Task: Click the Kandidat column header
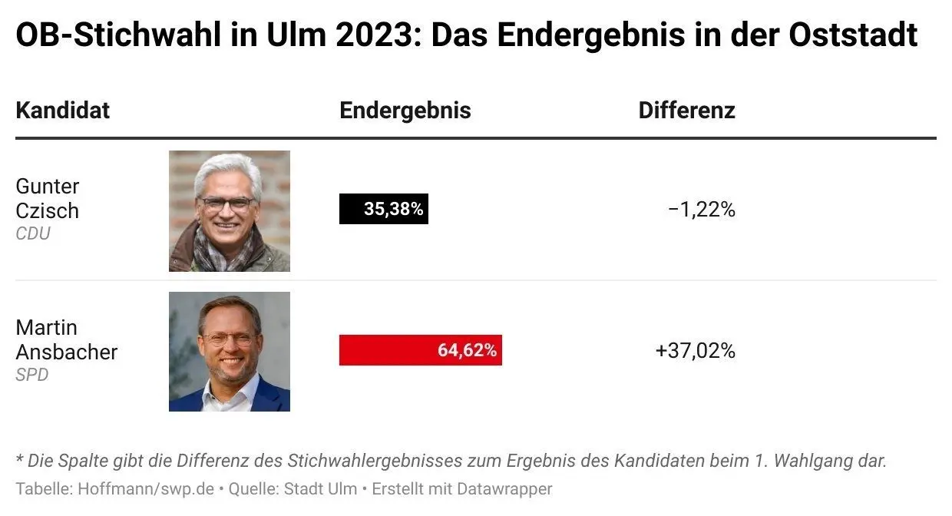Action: (x=62, y=111)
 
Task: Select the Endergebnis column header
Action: (x=405, y=111)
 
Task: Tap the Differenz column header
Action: (x=686, y=111)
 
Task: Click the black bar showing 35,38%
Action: (x=383, y=209)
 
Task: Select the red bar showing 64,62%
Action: (x=420, y=350)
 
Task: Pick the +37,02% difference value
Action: (x=695, y=351)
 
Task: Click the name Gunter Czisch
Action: (x=48, y=198)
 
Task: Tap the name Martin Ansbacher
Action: (x=66, y=339)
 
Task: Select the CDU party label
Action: (x=33, y=233)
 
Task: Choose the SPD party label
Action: (x=32, y=375)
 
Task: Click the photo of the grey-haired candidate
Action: (x=230, y=210)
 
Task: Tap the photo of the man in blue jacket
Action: (x=230, y=352)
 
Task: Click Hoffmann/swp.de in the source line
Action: (x=145, y=488)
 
